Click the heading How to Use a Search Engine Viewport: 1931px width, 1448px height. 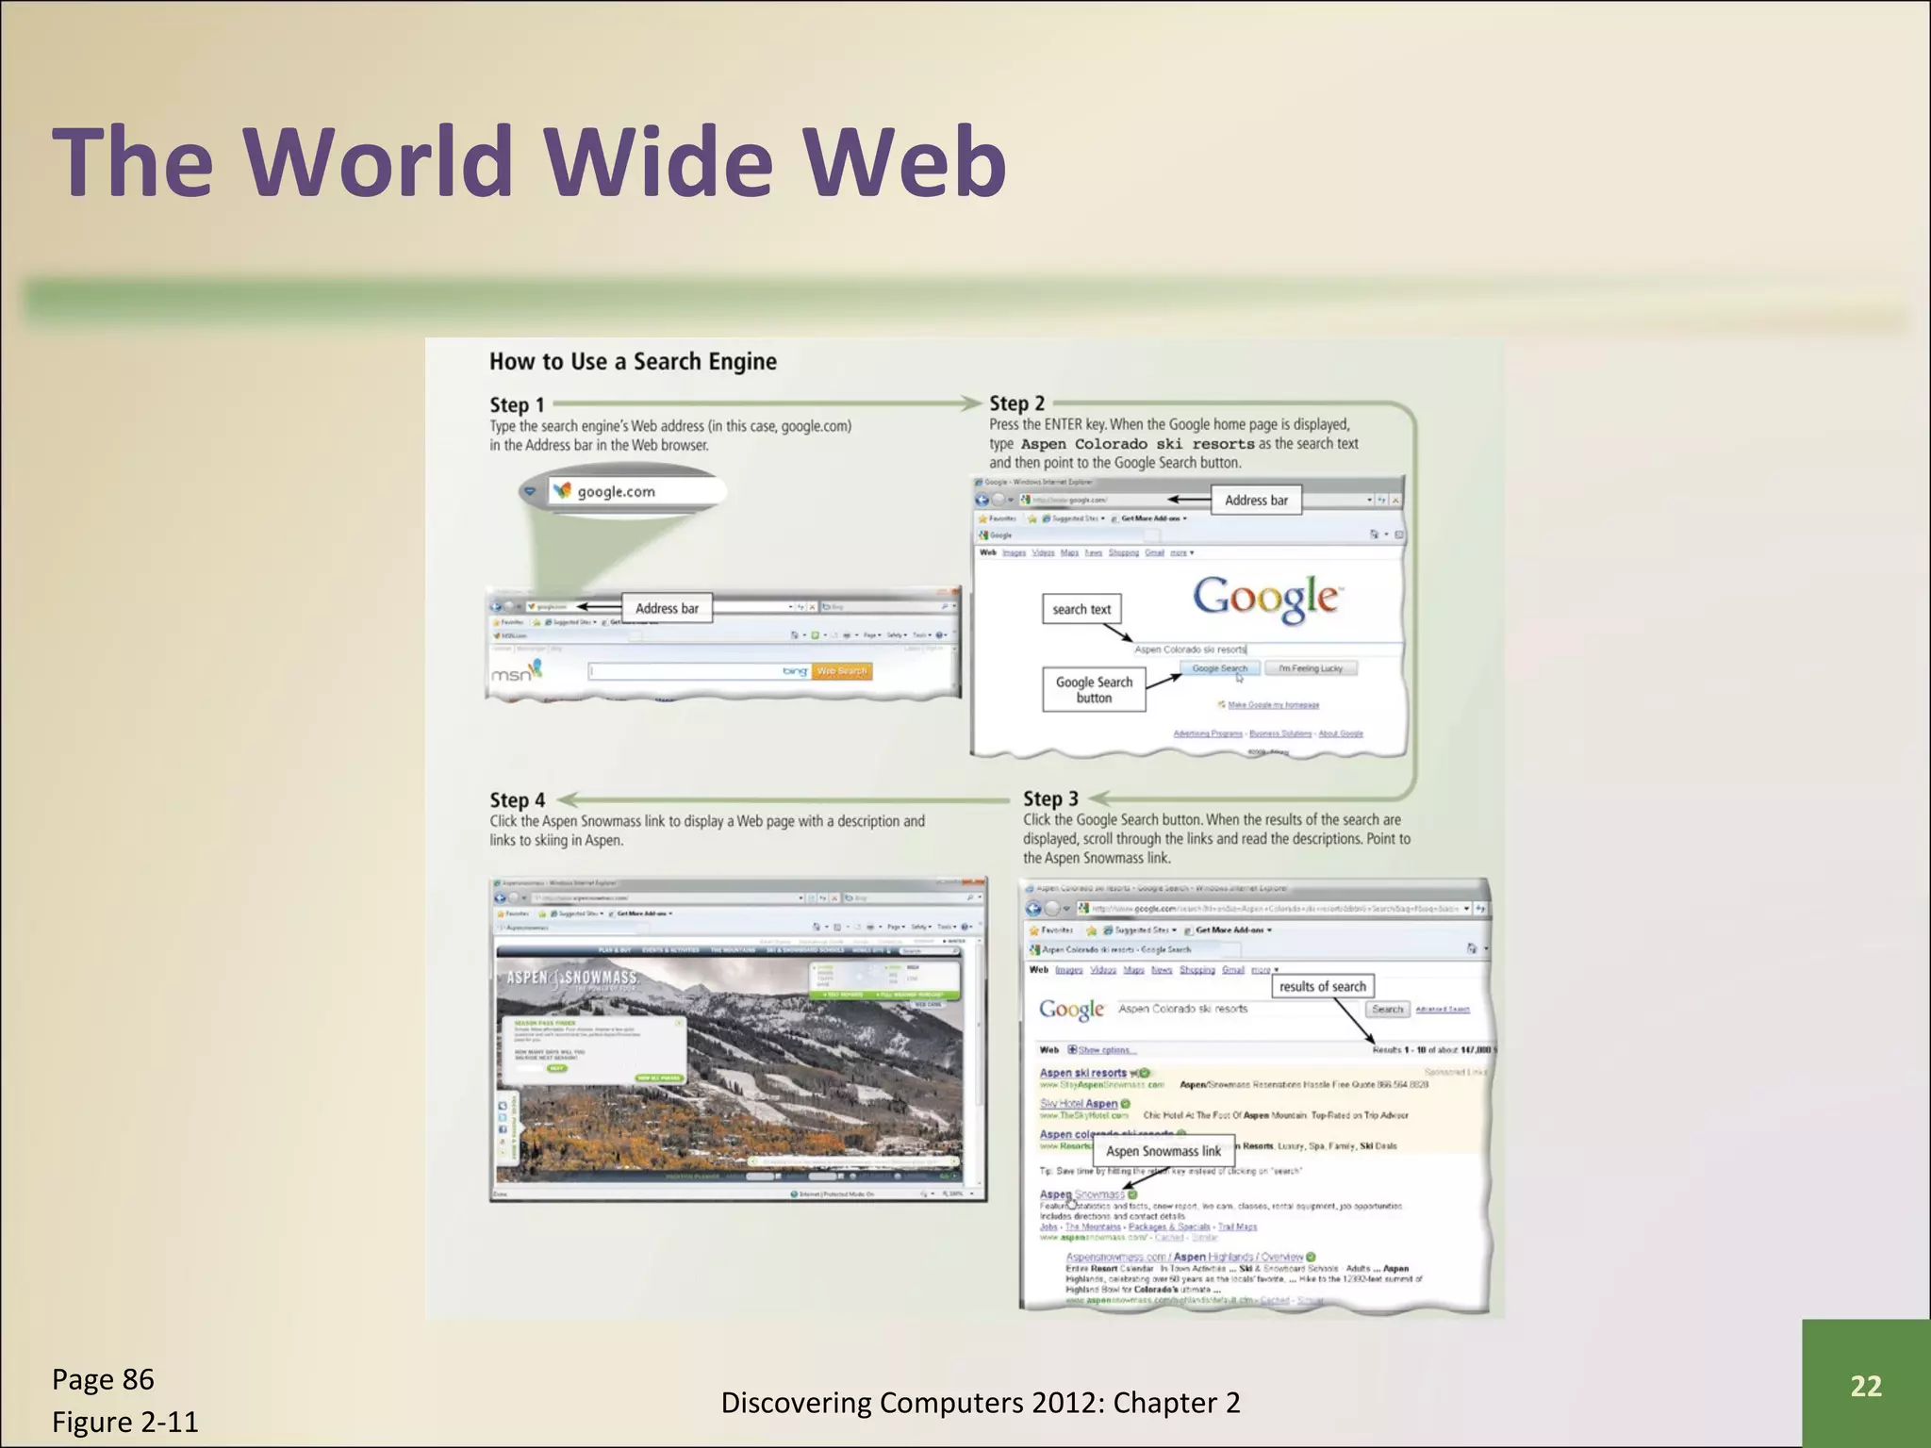coord(633,361)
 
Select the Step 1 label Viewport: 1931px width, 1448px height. coord(517,404)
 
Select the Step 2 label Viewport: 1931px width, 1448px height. coord(1016,403)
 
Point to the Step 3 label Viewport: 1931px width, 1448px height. coord(1050,798)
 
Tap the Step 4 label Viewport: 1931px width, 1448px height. coord(517,800)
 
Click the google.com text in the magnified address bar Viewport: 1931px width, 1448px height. coord(616,491)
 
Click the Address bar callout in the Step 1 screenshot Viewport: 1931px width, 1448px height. coord(667,608)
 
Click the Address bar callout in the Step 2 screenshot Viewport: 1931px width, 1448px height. coord(1256,501)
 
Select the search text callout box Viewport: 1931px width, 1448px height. coord(1081,609)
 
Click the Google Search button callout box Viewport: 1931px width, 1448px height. coord(1094,689)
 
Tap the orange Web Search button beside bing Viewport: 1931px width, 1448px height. coord(841,671)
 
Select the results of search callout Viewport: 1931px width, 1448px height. coord(1322,986)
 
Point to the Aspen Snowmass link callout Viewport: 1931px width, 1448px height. coord(1163,1151)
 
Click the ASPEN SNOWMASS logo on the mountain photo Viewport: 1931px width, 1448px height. coord(572,978)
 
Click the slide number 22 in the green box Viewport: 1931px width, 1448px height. coord(1865,1385)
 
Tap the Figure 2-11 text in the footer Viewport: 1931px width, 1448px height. coord(125,1422)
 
